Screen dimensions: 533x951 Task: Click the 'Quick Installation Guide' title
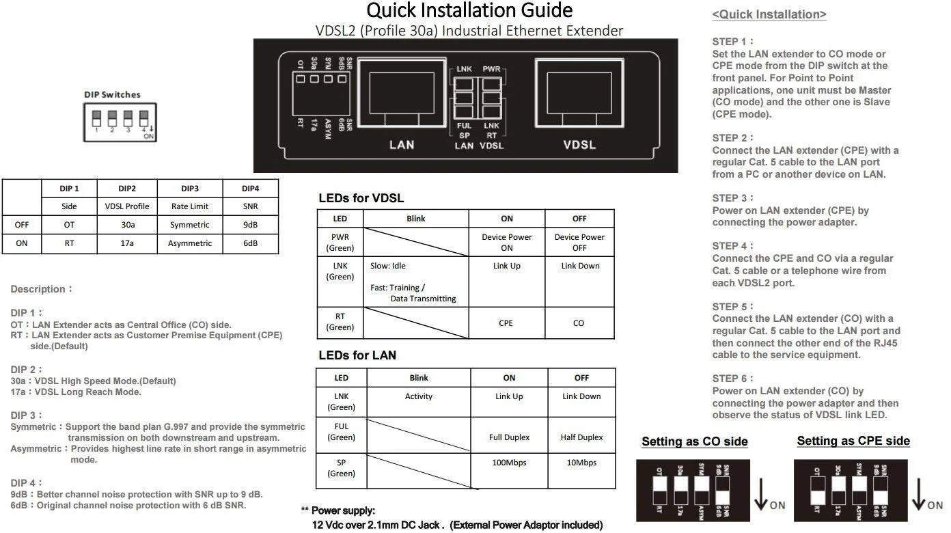(469, 11)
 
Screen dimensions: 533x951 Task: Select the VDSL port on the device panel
(579, 93)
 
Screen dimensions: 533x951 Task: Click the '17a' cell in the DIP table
(127, 243)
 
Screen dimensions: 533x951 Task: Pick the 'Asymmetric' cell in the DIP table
(190, 243)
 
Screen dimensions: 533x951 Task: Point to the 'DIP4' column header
(250, 189)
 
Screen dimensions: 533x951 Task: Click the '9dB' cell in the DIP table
(250, 225)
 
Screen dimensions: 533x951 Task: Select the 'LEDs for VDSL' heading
(361, 199)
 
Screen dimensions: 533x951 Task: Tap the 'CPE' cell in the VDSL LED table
(506, 323)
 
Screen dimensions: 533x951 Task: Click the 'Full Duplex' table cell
(509, 437)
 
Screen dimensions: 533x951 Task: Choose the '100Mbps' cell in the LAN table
(509, 463)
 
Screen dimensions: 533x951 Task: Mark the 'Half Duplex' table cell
(581, 437)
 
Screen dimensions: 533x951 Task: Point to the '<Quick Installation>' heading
(769, 14)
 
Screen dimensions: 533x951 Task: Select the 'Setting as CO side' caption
(694, 442)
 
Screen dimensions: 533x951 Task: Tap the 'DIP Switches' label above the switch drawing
(112, 94)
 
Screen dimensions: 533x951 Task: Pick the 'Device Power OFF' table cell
(579, 243)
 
